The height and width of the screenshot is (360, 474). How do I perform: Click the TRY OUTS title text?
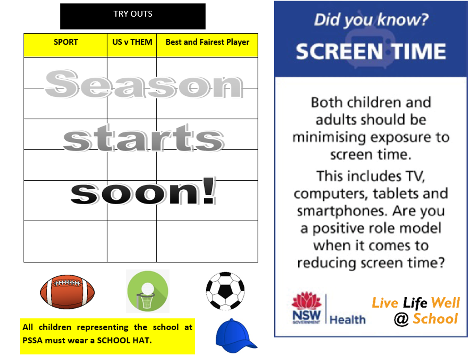pyautogui.click(x=133, y=14)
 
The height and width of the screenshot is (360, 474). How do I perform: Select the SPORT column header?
pyautogui.click(x=66, y=42)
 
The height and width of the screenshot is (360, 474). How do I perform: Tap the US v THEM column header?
pyautogui.click(x=132, y=42)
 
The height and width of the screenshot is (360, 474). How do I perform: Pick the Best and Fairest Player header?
pyautogui.click(x=207, y=42)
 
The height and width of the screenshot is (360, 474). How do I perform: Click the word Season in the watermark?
pyautogui.click(x=144, y=84)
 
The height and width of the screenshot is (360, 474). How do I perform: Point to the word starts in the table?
pyautogui.click(x=144, y=138)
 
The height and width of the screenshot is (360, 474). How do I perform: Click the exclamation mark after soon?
pyautogui.click(x=209, y=190)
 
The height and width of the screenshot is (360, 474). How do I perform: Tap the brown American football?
pyautogui.click(x=67, y=292)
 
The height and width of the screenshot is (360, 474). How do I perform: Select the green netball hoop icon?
pyautogui.click(x=148, y=291)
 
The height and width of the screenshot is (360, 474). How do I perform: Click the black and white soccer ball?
pyautogui.click(x=225, y=291)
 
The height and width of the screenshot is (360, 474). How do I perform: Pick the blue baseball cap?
pyautogui.click(x=235, y=336)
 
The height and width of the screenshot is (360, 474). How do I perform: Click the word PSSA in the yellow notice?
pyautogui.click(x=33, y=340)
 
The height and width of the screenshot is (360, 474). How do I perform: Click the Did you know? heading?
pyautogui.click(x=371, y=20)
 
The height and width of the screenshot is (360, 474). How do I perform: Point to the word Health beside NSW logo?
pyautogui.click(x=348, y=320)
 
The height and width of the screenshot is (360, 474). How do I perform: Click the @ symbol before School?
pyautogui.click(x=401, y=319)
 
